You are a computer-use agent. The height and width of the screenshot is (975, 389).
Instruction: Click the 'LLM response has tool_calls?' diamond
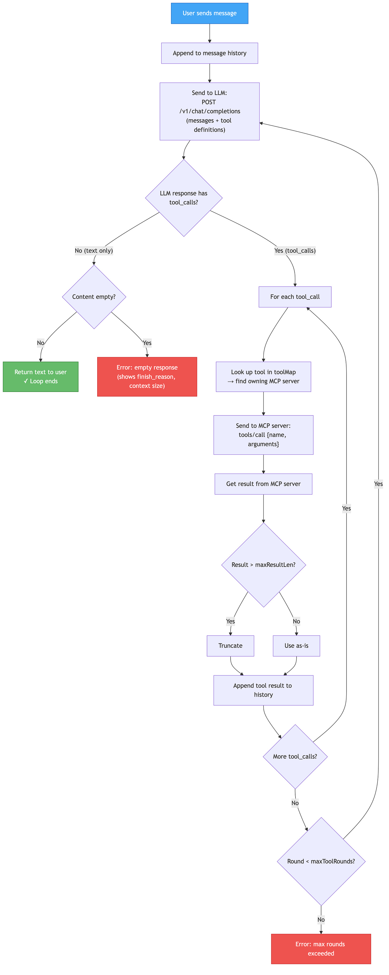(x=184, y=198)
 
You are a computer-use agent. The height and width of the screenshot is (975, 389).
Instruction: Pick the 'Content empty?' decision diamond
(x=94, y=297)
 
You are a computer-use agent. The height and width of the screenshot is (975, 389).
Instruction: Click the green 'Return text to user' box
(x=41, y=377)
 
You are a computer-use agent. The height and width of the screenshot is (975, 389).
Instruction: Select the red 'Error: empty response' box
(x=147, y=377)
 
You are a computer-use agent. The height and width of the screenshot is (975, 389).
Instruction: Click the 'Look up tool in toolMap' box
(x=263, y=377)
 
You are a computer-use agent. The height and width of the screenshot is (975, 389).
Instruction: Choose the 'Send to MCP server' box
(x=263, y=435)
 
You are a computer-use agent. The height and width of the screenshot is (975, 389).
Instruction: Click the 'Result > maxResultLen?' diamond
(x=263, y=565)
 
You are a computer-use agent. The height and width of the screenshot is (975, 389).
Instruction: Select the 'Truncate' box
(x=231, y=646)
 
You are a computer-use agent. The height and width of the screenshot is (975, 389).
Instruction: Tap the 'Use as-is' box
(x=296, y=646)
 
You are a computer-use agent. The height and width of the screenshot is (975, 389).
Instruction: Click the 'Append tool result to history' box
(x=263, y=690)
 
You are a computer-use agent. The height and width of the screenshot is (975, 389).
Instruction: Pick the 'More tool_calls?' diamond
(x=295, y=756)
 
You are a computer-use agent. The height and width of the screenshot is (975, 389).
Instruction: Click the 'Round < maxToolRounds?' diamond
(x=321, y=861)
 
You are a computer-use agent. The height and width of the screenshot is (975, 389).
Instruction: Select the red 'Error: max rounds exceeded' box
(x=321, y=949)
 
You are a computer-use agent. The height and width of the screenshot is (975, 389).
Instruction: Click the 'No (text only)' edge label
(x=94, y=251)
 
